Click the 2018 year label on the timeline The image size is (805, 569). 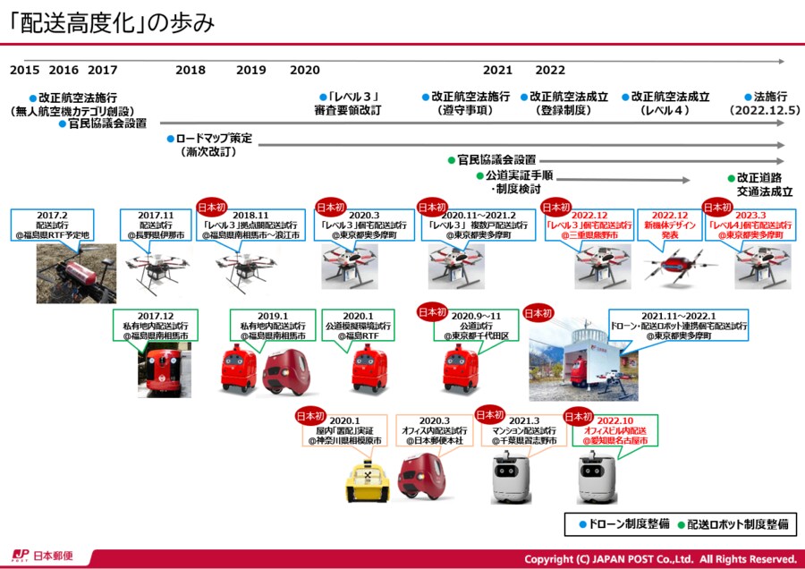click(191, 70)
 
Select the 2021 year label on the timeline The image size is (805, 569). click(497, 70)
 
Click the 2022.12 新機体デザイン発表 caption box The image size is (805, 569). click(671, 225)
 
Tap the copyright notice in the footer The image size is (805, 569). click(660, 556)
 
